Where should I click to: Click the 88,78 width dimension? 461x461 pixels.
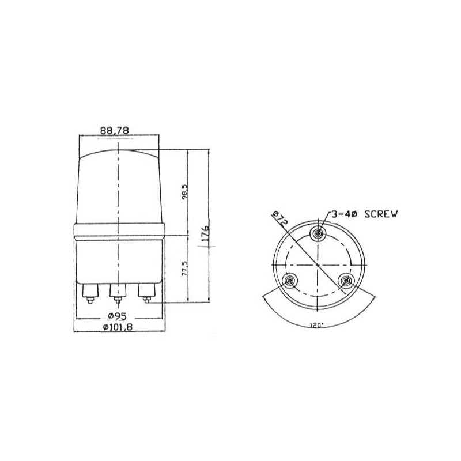(114, 130)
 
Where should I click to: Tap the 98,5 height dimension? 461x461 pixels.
(184, 192)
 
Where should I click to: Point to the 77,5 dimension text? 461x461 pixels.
(184, 268)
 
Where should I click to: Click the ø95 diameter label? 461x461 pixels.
(117, 316)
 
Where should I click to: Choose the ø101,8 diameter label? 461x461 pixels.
(118, 327)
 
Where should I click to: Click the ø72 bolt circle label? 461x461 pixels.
(279, 218)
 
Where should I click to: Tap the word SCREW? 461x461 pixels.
(381, 214)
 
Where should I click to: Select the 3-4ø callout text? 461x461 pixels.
(344, 214)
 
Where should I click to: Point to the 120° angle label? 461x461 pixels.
(316, 326)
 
